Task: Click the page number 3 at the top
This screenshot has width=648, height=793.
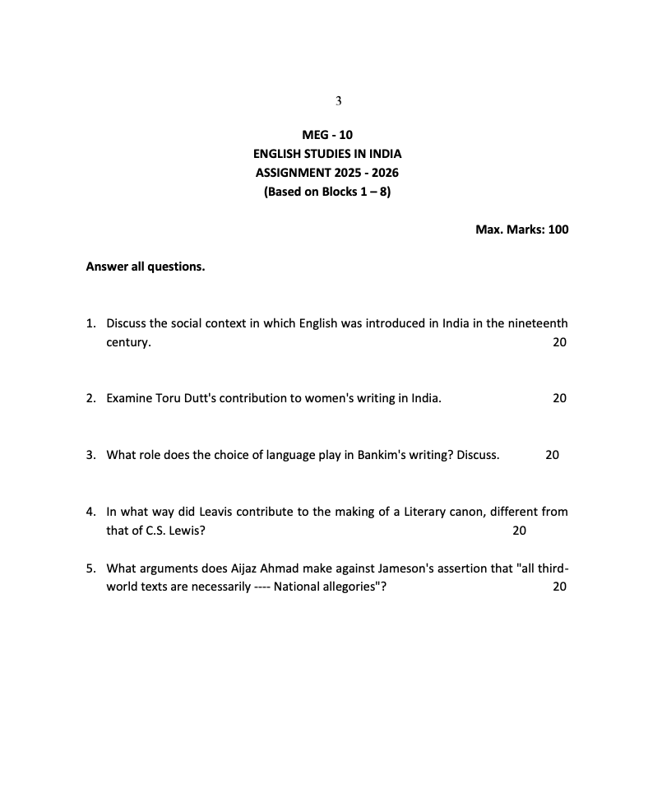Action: (x=338, y=101)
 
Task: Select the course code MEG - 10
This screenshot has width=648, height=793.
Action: (x=327, y=135)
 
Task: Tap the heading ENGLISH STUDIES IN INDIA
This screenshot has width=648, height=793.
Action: (x=327, y=154)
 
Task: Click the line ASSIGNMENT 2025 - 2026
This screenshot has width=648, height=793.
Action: (x=327, y=173)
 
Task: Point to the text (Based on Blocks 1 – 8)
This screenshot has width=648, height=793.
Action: (x=327, y=192)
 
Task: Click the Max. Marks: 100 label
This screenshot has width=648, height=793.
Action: (x=521, y=230)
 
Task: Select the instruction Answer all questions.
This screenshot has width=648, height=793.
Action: (x=146, y=267)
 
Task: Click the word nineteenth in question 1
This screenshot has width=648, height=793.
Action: (x=538, y=323)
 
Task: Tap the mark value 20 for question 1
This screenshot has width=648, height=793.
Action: (x=559, y=342)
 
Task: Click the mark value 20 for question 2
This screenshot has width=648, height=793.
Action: (x=559, y=398)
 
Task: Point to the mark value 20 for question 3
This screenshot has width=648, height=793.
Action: (x=552, y=455)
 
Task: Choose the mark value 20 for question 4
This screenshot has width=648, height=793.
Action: (x=519, y=531)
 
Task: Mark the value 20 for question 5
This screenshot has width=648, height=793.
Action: (x=559, y=587)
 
